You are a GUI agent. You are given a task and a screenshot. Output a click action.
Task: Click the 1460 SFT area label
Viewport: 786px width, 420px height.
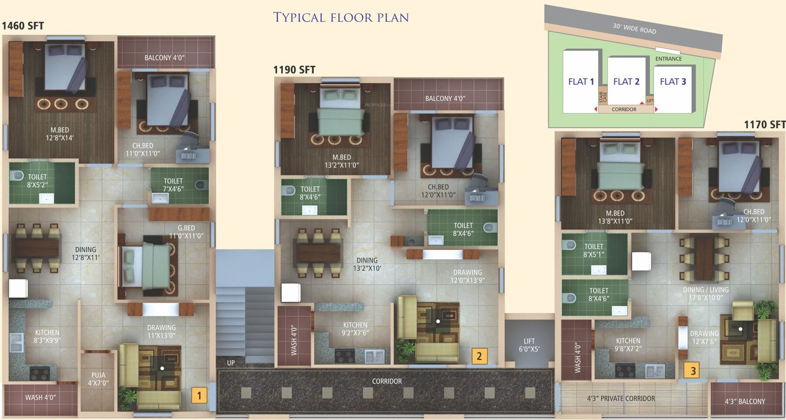[23, 26]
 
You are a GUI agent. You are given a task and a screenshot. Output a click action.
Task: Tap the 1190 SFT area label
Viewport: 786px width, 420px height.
[294, 70]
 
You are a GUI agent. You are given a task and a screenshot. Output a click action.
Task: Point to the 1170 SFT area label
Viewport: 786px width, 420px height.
[764, 124]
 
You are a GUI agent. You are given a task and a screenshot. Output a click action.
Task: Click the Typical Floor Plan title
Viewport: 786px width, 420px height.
[341, 17]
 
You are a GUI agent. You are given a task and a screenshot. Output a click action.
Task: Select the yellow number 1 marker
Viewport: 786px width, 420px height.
[199, 395]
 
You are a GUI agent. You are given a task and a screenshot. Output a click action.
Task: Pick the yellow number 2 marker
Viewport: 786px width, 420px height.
[479, 355]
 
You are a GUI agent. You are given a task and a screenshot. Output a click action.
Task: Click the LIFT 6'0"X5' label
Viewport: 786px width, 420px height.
[529, 345]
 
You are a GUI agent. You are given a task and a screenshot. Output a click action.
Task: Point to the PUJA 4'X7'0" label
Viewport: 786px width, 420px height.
[98, 378]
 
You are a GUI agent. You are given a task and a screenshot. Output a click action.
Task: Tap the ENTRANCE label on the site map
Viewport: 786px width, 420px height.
[668, 59]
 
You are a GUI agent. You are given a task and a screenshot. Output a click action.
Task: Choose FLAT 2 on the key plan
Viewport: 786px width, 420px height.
[626, 82]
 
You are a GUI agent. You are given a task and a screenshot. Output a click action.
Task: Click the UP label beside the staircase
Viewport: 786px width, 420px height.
[231, 363]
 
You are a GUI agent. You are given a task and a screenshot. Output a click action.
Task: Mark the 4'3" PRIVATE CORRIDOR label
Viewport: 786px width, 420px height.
[621, 399]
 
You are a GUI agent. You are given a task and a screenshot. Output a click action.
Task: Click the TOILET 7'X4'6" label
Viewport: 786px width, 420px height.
[173, 185]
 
